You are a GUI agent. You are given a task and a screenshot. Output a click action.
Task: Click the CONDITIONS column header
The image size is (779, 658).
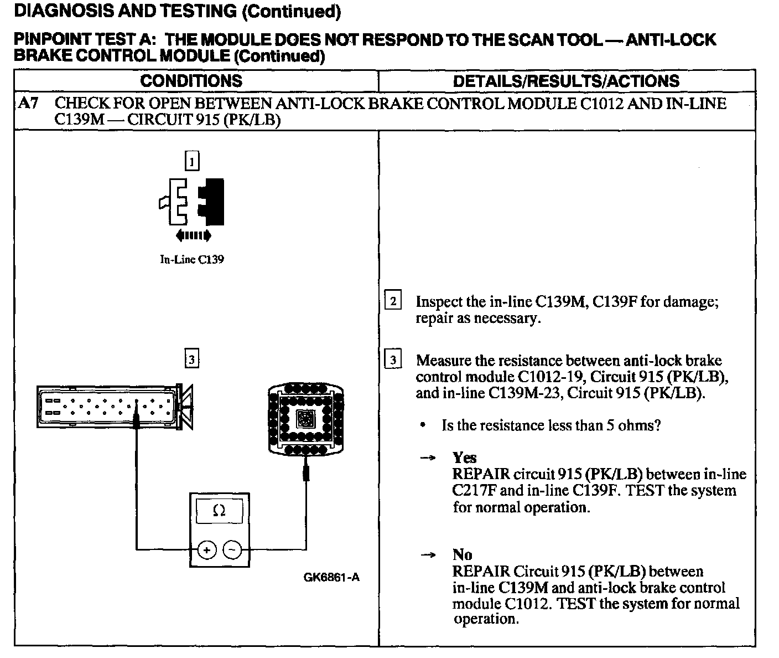pos(191,81)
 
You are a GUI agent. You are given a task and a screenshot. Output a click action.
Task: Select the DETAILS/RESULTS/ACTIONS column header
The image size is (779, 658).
pos(566,81)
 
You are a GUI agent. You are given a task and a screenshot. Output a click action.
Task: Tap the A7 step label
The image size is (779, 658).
pos(28,104)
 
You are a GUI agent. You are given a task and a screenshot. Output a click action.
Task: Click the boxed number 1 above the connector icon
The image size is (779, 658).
pos(191,161)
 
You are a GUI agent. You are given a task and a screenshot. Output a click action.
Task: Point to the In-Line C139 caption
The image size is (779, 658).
pos(191,259)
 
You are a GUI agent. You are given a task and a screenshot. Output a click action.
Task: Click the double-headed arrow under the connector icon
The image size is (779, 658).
pos(193,236)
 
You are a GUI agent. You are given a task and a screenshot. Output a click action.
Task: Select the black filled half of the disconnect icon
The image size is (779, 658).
pos(212,202)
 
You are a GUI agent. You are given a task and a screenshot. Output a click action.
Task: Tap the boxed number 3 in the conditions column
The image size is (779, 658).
pos(191,359)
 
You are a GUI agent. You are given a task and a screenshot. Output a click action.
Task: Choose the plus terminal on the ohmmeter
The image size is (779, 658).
pos(207,550)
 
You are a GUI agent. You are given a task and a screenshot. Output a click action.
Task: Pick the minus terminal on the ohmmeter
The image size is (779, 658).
pos(232,550)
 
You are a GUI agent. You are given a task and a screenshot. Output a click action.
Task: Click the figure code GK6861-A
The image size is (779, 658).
pos(331,577)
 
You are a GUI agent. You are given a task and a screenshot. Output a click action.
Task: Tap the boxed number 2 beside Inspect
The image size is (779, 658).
pos(393,301)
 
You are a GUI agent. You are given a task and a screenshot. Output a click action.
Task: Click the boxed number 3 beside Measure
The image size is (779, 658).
pos(393,360)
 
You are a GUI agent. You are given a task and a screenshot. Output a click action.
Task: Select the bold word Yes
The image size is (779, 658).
pos(464,457)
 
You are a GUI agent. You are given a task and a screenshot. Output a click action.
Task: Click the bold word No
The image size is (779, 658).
pos(462,554)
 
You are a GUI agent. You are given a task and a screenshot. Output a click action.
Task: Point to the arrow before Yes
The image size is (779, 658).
pos(428,458)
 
